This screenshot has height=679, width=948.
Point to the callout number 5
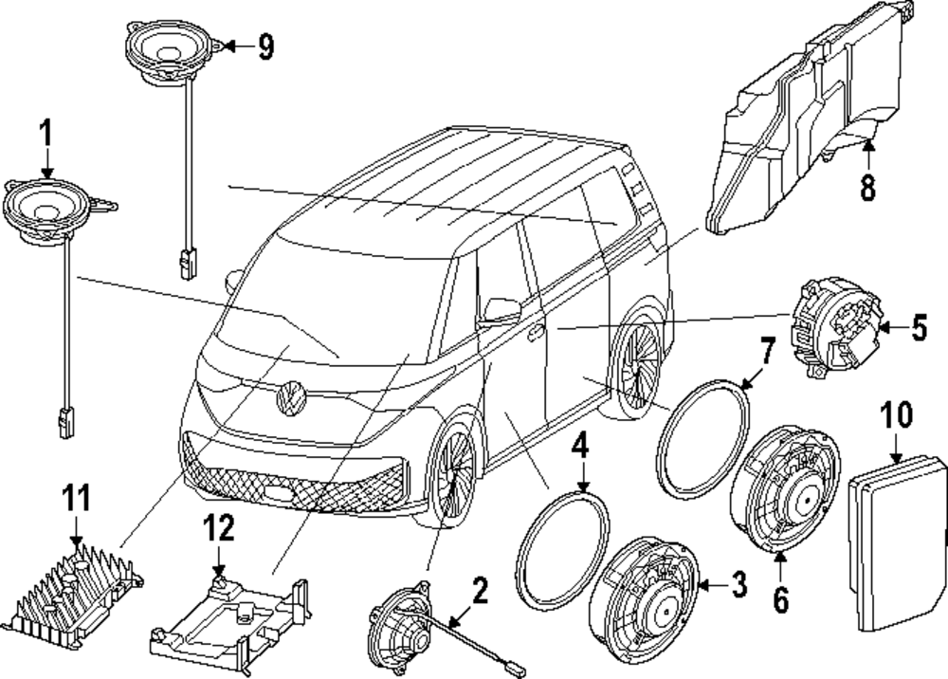(918, 328)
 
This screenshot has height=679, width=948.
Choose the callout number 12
(219, 532)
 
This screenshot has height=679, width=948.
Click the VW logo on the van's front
(291, 397)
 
